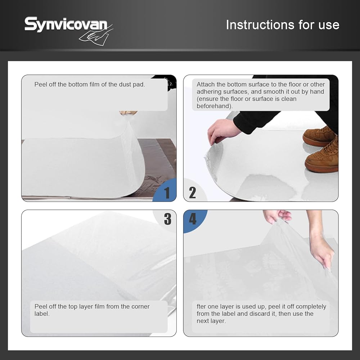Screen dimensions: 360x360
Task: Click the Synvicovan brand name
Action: [66, 24]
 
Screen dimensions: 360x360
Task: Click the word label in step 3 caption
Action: [42, 314]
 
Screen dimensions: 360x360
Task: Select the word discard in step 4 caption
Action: [264, 314]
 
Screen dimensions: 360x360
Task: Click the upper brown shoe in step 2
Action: [319, 136]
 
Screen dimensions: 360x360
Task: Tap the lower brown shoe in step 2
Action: [322, 156]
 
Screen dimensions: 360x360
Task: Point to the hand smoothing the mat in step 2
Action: [221, 131]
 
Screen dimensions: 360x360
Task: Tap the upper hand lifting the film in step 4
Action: [277, 216]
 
